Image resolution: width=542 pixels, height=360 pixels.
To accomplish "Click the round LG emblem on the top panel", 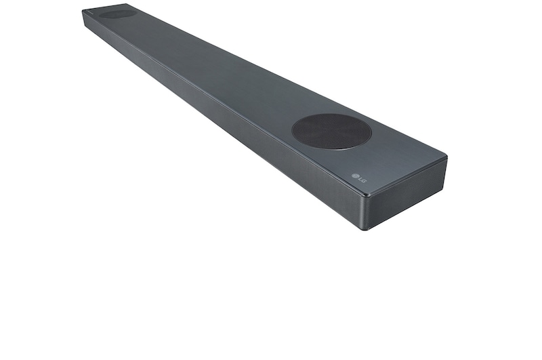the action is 354,176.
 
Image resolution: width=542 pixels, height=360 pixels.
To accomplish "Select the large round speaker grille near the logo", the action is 332,132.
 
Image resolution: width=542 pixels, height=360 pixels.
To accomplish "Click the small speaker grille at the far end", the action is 117,14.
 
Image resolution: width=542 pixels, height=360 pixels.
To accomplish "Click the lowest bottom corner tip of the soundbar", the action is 365,230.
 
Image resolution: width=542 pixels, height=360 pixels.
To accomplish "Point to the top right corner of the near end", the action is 446,158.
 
